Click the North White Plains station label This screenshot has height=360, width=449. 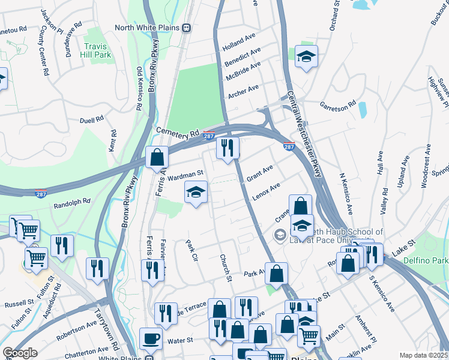click(x=148, y=28)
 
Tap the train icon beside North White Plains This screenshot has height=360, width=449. click(x=187, y=28)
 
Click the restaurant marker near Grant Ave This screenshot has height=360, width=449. click(x=228, y=148)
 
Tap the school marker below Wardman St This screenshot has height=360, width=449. click(x=195, y=193)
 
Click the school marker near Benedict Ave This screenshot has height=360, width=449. click(x=306, y=57)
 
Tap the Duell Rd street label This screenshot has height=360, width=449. click(x=92, y=119)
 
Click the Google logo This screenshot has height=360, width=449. click(x=20, y=353)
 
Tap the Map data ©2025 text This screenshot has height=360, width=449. click(x=423, y=355)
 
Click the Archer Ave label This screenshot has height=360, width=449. click(x=243, y=91)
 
